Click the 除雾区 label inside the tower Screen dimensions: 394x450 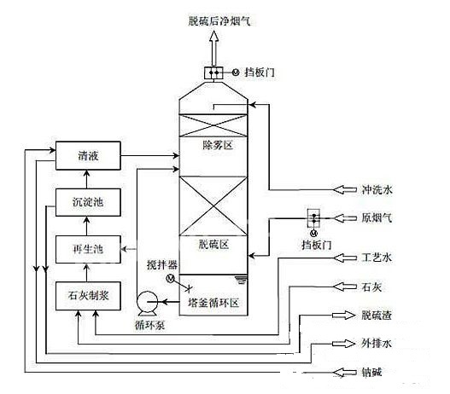[x=218, y=147]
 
